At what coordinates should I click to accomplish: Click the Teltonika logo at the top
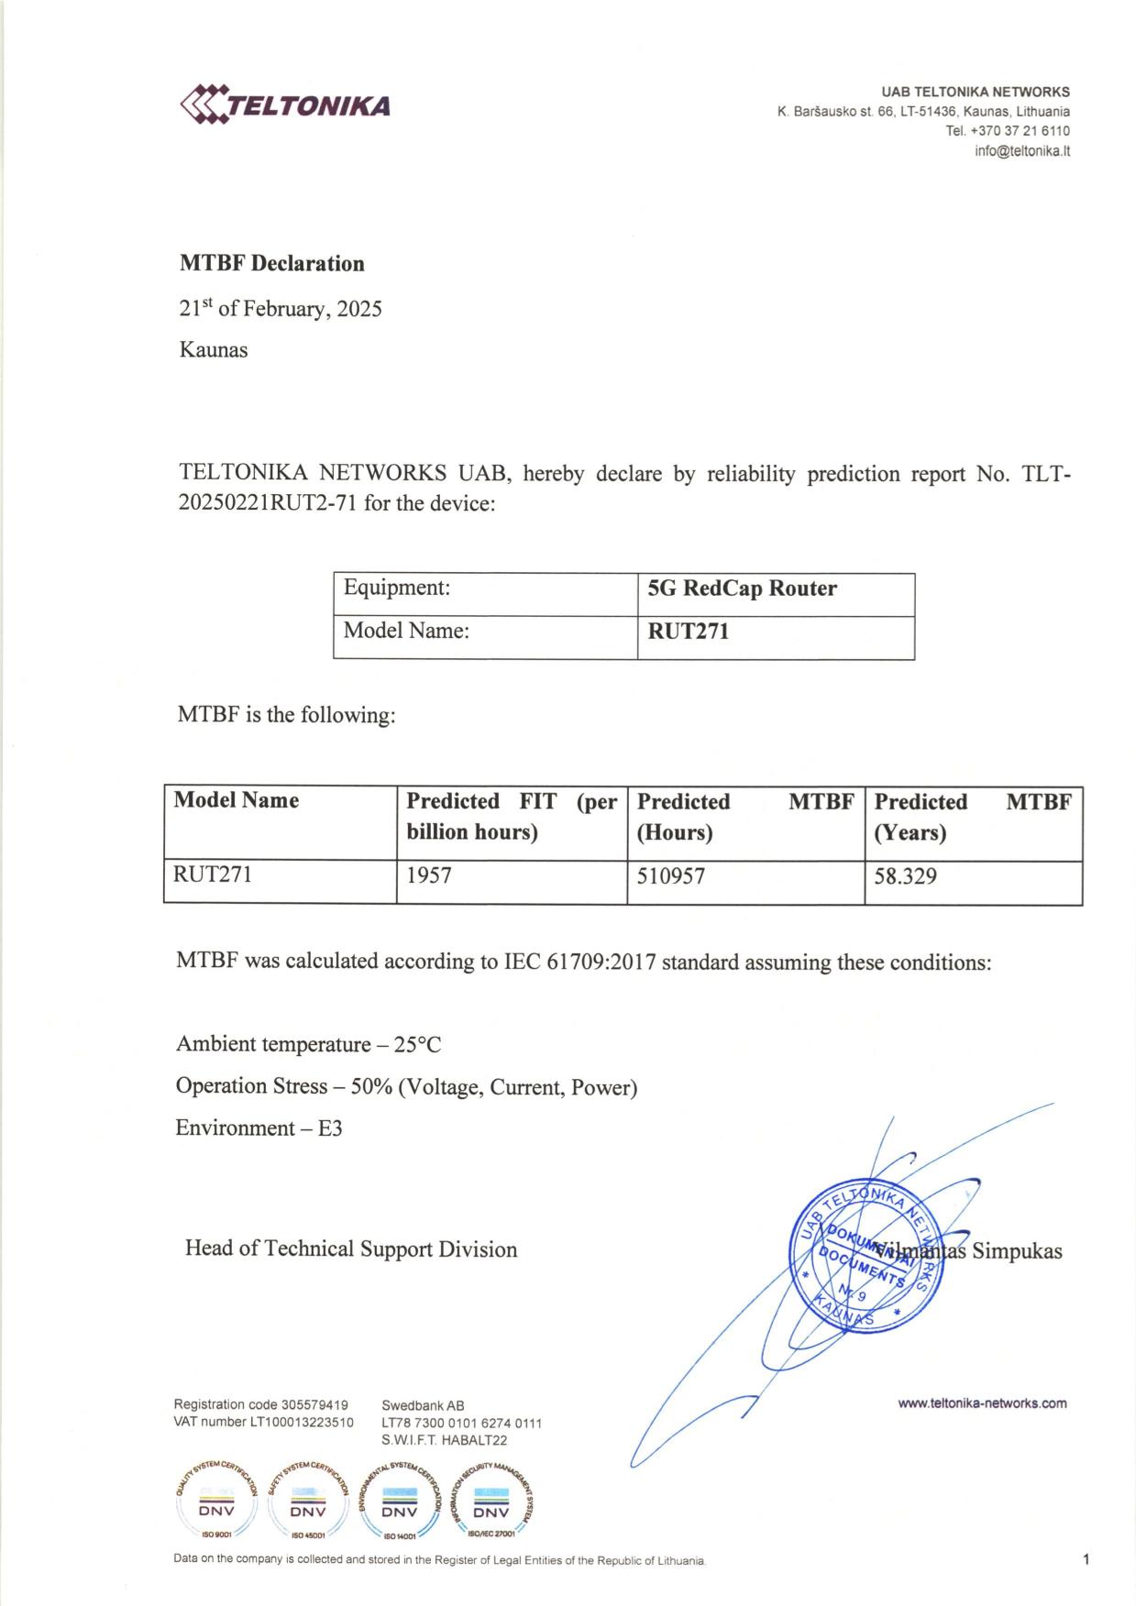pos(285,104)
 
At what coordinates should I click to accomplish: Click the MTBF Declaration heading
pos(271,264)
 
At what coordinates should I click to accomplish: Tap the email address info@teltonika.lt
pos(1021,151)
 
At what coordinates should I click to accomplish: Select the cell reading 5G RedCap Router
pos(742,588)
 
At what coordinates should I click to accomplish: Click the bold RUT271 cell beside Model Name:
pos(688,632)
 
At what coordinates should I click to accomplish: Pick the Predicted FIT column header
pos(511,816)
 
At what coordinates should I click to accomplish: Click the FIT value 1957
pos(429,876)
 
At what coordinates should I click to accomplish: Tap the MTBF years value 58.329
pos(905,876)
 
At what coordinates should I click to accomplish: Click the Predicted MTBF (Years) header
pos(972,817)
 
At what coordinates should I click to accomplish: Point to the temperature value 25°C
pos(417,1045)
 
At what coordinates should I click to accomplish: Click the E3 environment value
pos(330,1128)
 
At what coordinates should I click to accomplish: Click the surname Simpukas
pos(1017,1251)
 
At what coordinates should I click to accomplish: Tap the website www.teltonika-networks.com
pos(982,1403)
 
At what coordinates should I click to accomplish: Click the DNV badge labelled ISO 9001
pos(216,1502)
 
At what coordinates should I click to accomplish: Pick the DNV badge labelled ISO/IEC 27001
pos(491,1502)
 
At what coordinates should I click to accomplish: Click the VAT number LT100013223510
pos(302,1423)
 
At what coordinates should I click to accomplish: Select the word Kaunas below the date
pos(214,350)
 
